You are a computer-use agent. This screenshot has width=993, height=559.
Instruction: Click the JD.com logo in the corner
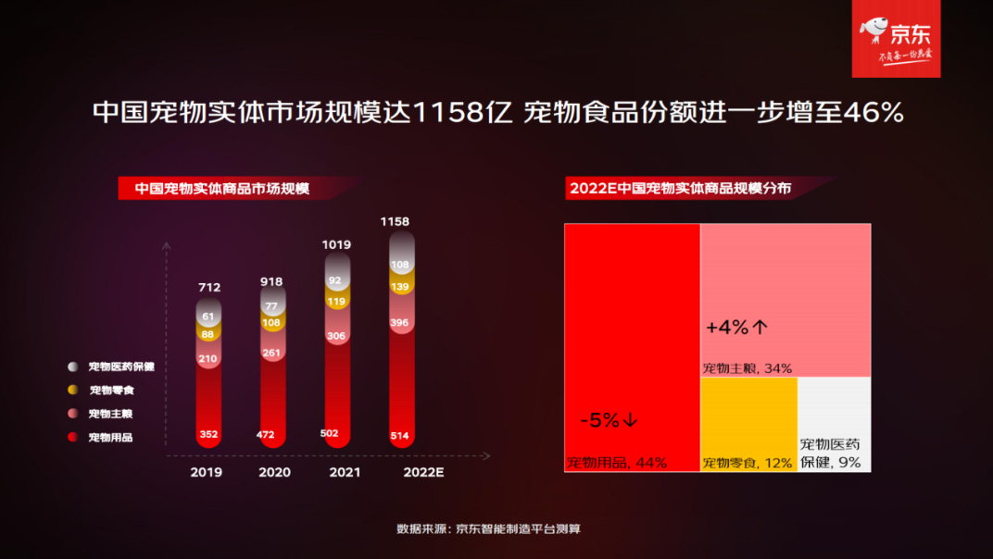pyautogui.click(x=896, y=39)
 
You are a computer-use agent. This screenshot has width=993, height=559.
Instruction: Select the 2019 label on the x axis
pyautogui.click(x=207, y=472)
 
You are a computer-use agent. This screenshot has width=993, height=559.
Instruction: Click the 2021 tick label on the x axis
pyautogui.click(x=339, y=472)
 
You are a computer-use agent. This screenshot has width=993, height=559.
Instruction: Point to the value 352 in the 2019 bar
pyautogui.click(x=209, y=434)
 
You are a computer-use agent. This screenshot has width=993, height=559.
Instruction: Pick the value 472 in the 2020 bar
pyautogui.click(x=272, y=434)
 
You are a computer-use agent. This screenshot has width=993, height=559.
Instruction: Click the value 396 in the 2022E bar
pyautogui.click(x=401, y=323)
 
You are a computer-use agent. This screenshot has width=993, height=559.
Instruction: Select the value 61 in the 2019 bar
pyautogui.click(x=209, y=317)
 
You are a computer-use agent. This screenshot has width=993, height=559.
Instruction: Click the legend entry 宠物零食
pyautogui.click(x=111, y=391)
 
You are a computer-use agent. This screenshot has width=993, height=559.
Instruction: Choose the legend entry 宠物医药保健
pyautogui.click(x=120, y=366)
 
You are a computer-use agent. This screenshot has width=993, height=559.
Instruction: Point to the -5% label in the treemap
pyautogui.click(x=609, y=420)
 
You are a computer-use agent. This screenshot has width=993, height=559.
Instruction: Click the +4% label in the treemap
pyautogui.click(x=737, y=328)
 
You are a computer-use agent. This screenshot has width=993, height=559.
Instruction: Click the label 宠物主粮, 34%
pyautogui.click(x=747, y=368)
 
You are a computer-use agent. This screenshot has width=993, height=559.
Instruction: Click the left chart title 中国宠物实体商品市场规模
pyautogui.click(x=222, y=189)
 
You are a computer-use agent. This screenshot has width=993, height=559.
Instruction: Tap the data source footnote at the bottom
pyautogui.click(x=488, y=529)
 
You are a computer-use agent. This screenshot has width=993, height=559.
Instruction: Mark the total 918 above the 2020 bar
pyautogui.click(x=271, y=281)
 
